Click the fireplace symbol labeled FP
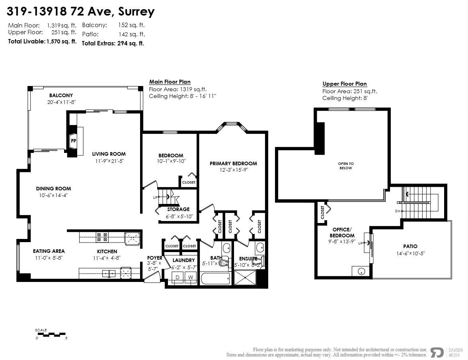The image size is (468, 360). [x=74, y=141]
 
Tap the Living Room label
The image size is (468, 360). [x=109, y=154]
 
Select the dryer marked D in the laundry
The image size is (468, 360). [x=178, y=277]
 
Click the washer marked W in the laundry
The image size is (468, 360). [x=191, y=277]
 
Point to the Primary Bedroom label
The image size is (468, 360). [x=233, y=163]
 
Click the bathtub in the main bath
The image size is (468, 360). [x=215, y=278]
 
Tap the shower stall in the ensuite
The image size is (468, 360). [x=246, y=278]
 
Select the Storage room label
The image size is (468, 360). [x=178, y=209]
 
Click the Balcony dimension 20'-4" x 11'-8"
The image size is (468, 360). [x=61, y=102]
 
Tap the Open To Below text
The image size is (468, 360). [x=345, y=166]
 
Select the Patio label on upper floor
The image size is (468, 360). [x=410, y=247]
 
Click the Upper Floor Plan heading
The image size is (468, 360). [x=345, y=84]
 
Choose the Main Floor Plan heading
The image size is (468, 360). [x=170, y=82]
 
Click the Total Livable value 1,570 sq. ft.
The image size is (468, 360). [x=62, y=41]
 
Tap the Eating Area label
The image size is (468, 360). [x=49, y=251]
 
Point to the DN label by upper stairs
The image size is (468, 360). [x=398, y=211]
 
